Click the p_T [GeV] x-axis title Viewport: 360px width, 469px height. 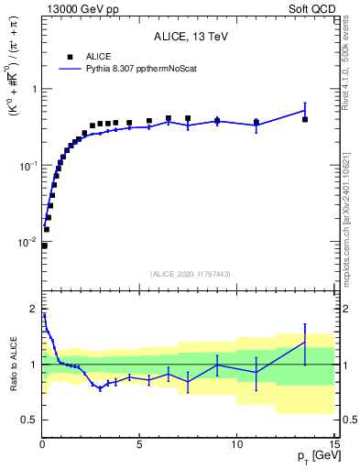tap(311, 456)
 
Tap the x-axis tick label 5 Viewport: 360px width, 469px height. tap(139, 443)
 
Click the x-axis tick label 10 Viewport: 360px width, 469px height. tap(236, 443)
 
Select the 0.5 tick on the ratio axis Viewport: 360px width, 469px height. tap(29, 420)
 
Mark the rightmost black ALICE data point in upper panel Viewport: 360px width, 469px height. tap(305, 120)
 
